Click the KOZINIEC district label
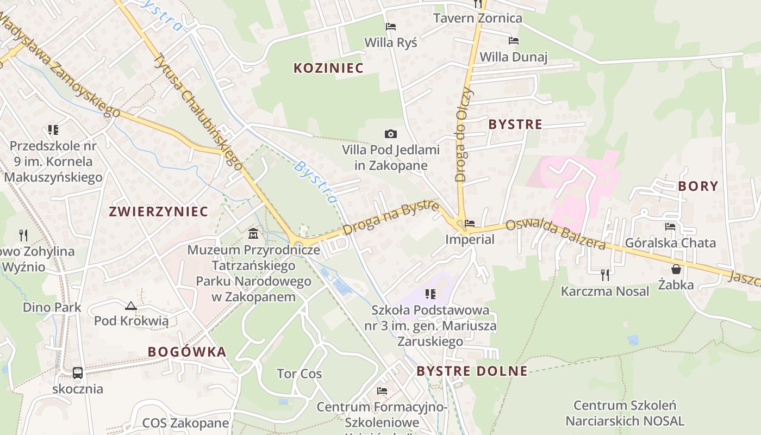pyautogui.click(x=328, y=68)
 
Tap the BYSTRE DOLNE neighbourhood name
pyautogui.click(x=472, y=371)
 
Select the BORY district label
pyautogui.click(x=698, y=186)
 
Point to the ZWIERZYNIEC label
pyautogui.click(x=159, y=212)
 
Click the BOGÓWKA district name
pyautogui.click(x=187, y=352)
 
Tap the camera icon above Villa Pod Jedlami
pyautogui.click(x=390, y=134)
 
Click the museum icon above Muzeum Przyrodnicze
pyautogui.click(x=253, y=234)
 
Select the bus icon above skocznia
pyautogui.click(x=78, y=373)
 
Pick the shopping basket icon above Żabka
pyautogui.click(x=676, y=269)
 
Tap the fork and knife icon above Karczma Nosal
pyautogui.click(x=604, y=275)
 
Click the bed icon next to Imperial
pyautogui.click(x=470, y=223)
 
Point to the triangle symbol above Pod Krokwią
pyautogui.click(x=130, y=306)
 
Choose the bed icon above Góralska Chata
pyautogui.click(x=670, y=227)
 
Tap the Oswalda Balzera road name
pyautogui.click(x=556, y=235)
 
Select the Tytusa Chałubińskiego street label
pyautogui.click(x=198, y=111)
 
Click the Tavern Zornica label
pyautogui.click(x=477, y=18)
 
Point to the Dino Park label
pyautogui.click(x=52, y=307)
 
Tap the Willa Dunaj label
pyautogui.click(x=513, y=57)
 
